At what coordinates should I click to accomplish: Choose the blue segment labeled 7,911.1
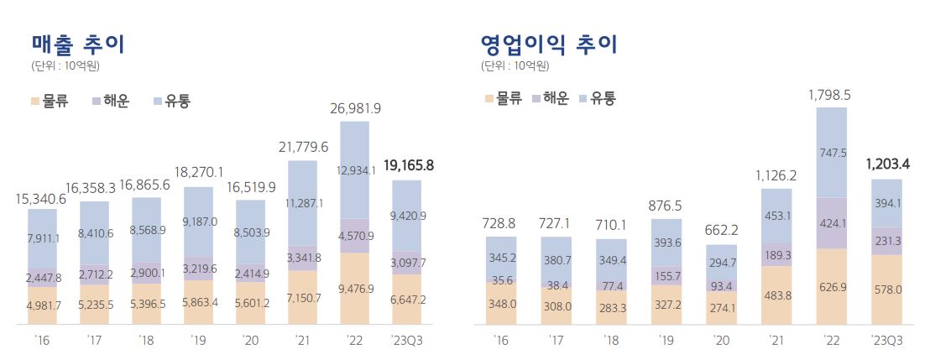click(x=42, y=239)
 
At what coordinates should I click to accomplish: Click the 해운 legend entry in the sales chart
click(x=109, y=102)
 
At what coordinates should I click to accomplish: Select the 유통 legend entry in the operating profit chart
click(x=597, y=98)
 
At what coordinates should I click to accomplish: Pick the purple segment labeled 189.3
click(x=777, y=254)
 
